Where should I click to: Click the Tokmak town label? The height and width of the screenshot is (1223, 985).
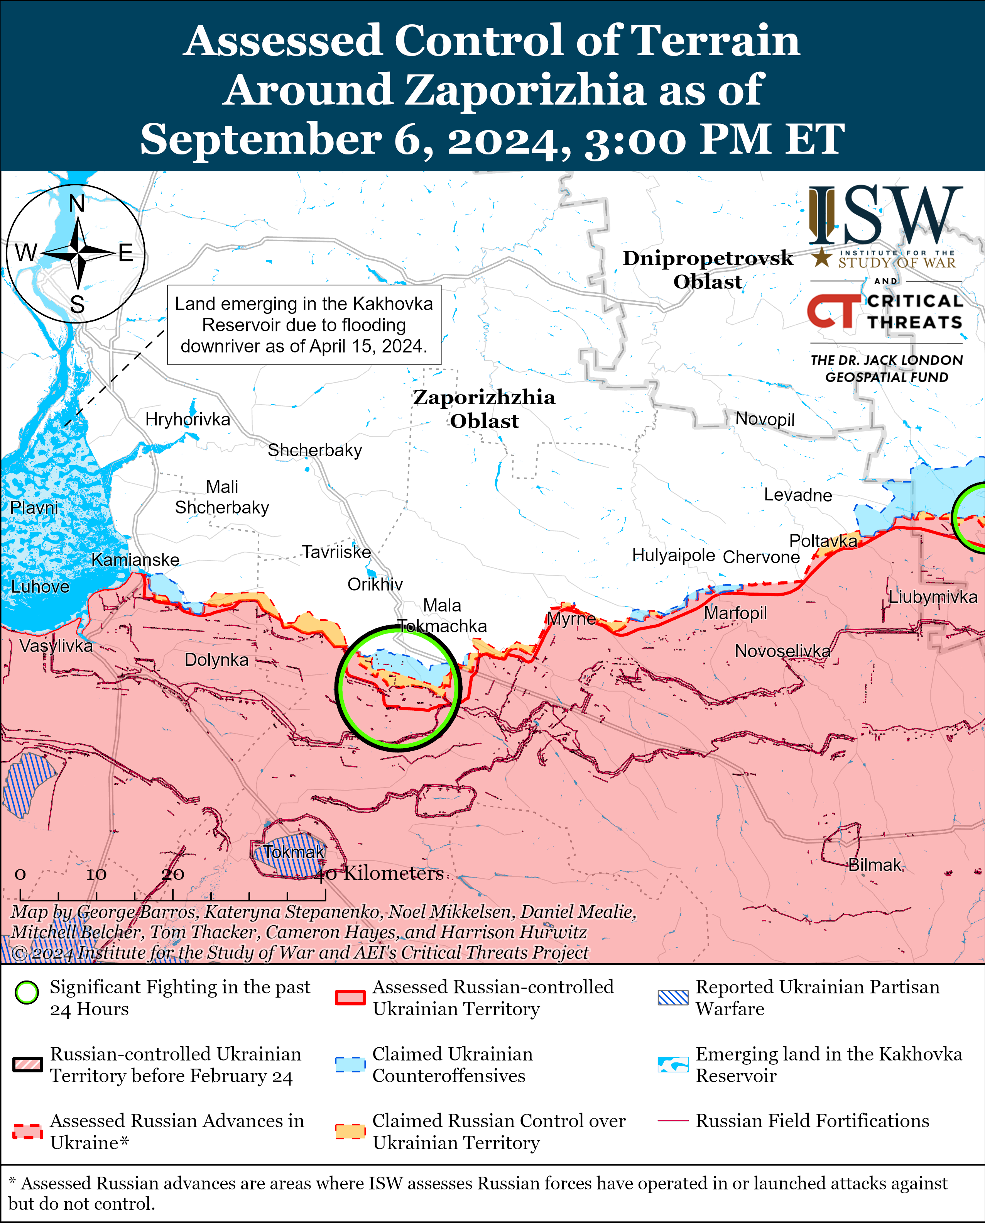click(x=294, y=852)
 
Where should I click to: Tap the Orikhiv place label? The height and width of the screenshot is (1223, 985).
click(x=375, y=584)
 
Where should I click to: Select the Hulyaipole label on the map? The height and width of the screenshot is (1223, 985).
click(x=674, y=555)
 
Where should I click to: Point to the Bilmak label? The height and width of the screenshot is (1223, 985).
click(x=874, y=865)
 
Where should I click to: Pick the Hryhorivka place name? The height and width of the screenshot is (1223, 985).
click(x=188, y=420)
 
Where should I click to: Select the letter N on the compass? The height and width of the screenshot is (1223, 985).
click(x=77, y=203)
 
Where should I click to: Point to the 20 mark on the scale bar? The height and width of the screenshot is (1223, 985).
click(x=172, y=874)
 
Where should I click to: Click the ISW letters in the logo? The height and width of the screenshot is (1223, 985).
click(x=885, y=216)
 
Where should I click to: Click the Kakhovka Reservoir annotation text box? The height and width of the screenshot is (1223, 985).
click(x=304, y=325)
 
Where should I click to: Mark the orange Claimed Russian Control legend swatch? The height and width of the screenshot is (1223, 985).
click(x=350, y=1131)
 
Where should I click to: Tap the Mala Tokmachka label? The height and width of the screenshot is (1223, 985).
click(x=442, y=615)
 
